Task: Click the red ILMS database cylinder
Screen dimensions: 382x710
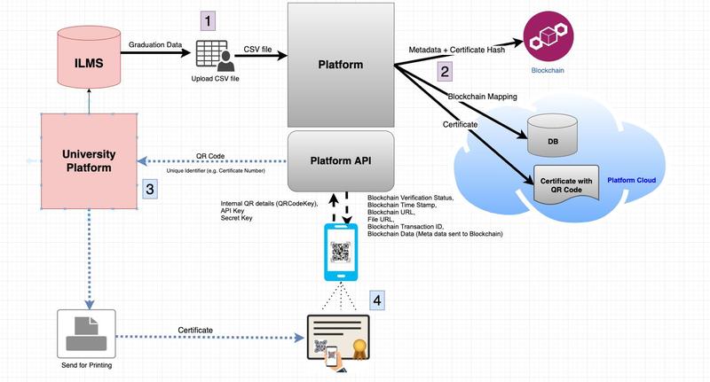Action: (88, 55)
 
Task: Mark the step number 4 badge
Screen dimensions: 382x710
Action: (377, 300)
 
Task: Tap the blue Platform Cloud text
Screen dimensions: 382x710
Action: (631, 181)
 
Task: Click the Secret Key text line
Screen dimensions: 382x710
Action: (238, 218)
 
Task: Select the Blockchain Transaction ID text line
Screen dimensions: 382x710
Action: (411, 226)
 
